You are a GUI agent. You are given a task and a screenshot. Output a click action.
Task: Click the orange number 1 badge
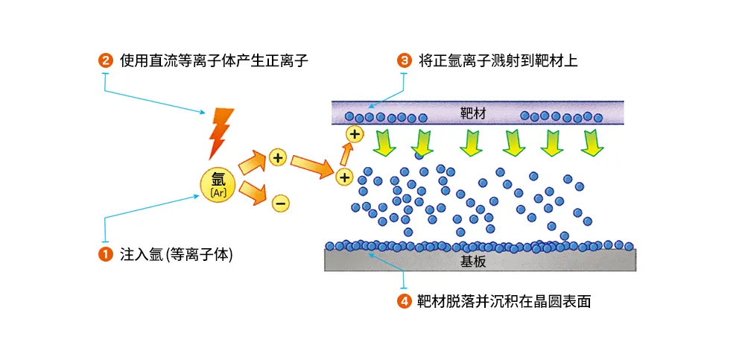point(105,254)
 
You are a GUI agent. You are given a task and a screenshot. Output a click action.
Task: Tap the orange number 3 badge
point(405,61)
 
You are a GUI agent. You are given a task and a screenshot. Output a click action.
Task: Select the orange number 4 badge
point(405,302)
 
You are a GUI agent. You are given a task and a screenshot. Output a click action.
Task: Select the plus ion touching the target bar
point(355,135)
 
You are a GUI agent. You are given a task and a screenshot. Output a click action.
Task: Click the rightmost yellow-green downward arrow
point(592,142)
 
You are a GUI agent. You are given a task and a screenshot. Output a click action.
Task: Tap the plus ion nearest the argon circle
point(278,157)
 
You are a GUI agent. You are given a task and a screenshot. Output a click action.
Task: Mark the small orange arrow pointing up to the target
point(346,154)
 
